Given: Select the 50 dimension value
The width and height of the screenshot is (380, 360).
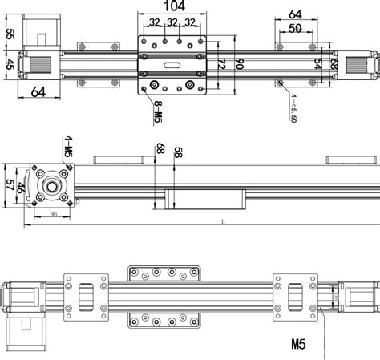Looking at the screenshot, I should point(295,29).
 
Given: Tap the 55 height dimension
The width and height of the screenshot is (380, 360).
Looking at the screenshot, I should point(10,34).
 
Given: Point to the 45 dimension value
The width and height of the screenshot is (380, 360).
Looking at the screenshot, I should point(10,64).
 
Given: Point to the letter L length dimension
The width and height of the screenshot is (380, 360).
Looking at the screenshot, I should point(220,222).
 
